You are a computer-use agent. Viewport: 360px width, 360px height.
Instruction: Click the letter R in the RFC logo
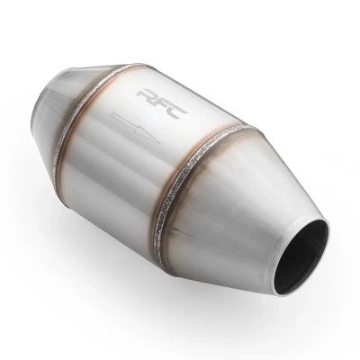[147, 95]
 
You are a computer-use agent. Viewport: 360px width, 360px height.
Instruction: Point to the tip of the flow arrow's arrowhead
[160, 143]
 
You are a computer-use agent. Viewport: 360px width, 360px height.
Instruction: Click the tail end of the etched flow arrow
[112, 116]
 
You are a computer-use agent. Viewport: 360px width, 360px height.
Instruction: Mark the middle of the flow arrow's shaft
[126, 123]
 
